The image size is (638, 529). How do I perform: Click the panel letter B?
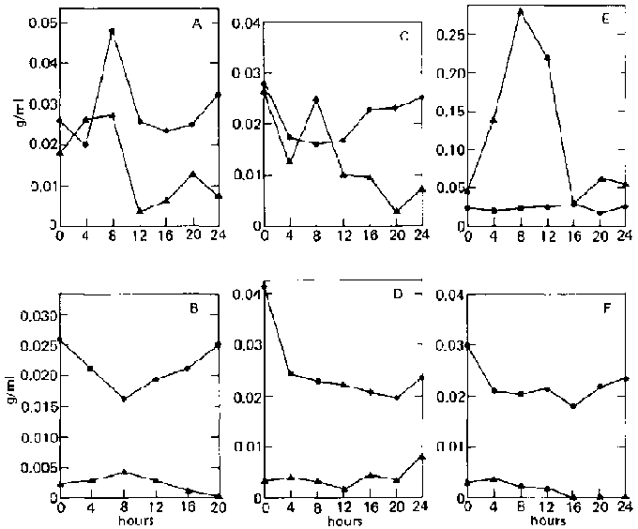coord(198,305)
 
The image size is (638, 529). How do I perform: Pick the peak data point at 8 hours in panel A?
coord(112,31)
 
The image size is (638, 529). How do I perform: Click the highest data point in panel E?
coord(520,11)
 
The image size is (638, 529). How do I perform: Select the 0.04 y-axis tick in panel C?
coord(244,23)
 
